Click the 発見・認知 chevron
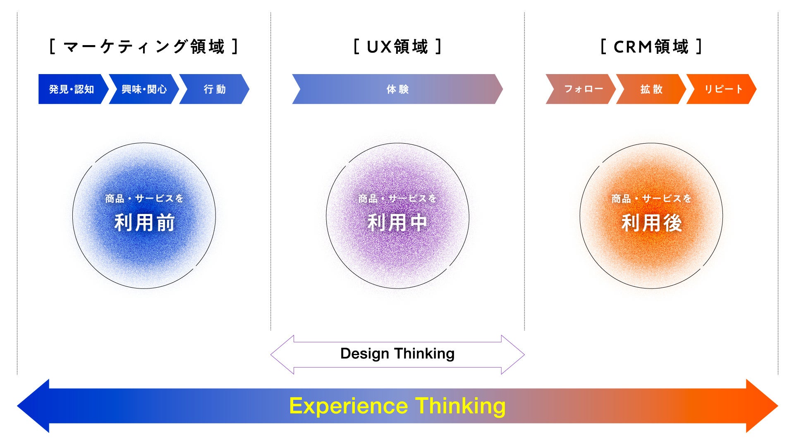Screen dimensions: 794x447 pos(71,89)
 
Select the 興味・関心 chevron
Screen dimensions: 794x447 pos(144,89)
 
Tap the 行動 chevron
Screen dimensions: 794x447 pos(214,89)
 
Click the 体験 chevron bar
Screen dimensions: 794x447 pos(397,89)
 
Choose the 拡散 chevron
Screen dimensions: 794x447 pos(651,89)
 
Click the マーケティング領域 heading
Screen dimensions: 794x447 pos(144,47)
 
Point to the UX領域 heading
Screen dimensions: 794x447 pos(397,47)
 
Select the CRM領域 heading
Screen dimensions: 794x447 pos(651,47)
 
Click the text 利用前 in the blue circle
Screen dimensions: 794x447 pos(144,223)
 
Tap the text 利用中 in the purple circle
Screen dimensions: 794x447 pos(397,223)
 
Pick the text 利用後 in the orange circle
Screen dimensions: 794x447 pos(651,223)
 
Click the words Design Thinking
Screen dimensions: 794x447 pos(397,354)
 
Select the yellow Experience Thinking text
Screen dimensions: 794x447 pos(397,406)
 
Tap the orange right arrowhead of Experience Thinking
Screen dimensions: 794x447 pos(761,406)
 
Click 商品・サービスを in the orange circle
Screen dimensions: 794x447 pos(651,199)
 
